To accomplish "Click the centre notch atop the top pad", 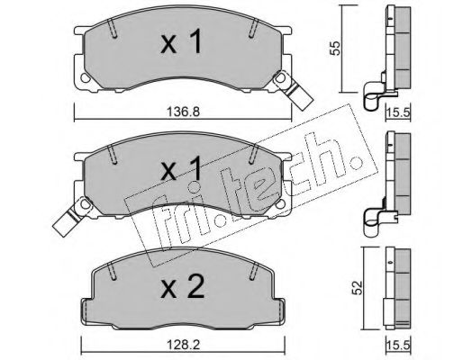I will (x=182, y=22).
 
